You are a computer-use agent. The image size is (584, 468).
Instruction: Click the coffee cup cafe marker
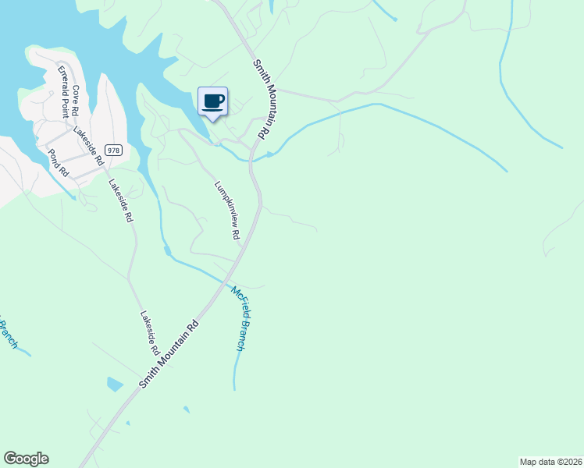click(x=212, y=101)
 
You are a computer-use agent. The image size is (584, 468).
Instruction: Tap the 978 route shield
click(x=114, y=151)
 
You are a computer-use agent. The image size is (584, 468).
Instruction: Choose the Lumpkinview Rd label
click(x=226, y=210)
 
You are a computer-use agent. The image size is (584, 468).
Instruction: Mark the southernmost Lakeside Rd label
click(x=149, y=331)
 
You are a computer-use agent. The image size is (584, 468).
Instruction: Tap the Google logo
click(x=26, y=459)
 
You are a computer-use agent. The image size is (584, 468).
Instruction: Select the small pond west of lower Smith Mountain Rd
click(x=115, y=384)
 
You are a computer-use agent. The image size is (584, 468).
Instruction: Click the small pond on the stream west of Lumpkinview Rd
click(x=166, y=251)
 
